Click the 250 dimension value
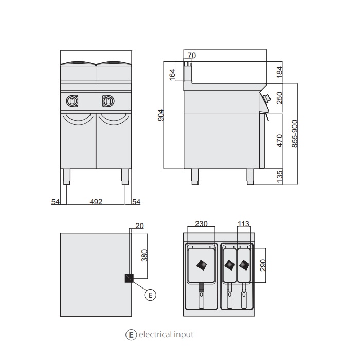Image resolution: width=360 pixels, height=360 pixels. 280,98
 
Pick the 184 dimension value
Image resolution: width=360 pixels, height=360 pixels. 280,72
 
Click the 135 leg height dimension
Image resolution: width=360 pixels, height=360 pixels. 280,176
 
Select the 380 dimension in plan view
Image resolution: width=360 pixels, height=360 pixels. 145,256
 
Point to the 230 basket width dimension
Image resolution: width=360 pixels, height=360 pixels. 201,224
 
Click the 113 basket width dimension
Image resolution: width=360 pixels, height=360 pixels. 244,224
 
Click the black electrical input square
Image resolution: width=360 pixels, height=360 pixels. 129,278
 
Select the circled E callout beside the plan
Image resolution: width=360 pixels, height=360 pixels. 150,295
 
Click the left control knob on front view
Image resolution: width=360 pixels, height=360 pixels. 72,101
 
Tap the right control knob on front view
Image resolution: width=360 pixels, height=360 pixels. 108,101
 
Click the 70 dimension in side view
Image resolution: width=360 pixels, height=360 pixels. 192,56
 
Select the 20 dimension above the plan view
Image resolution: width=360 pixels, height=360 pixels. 140,225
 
